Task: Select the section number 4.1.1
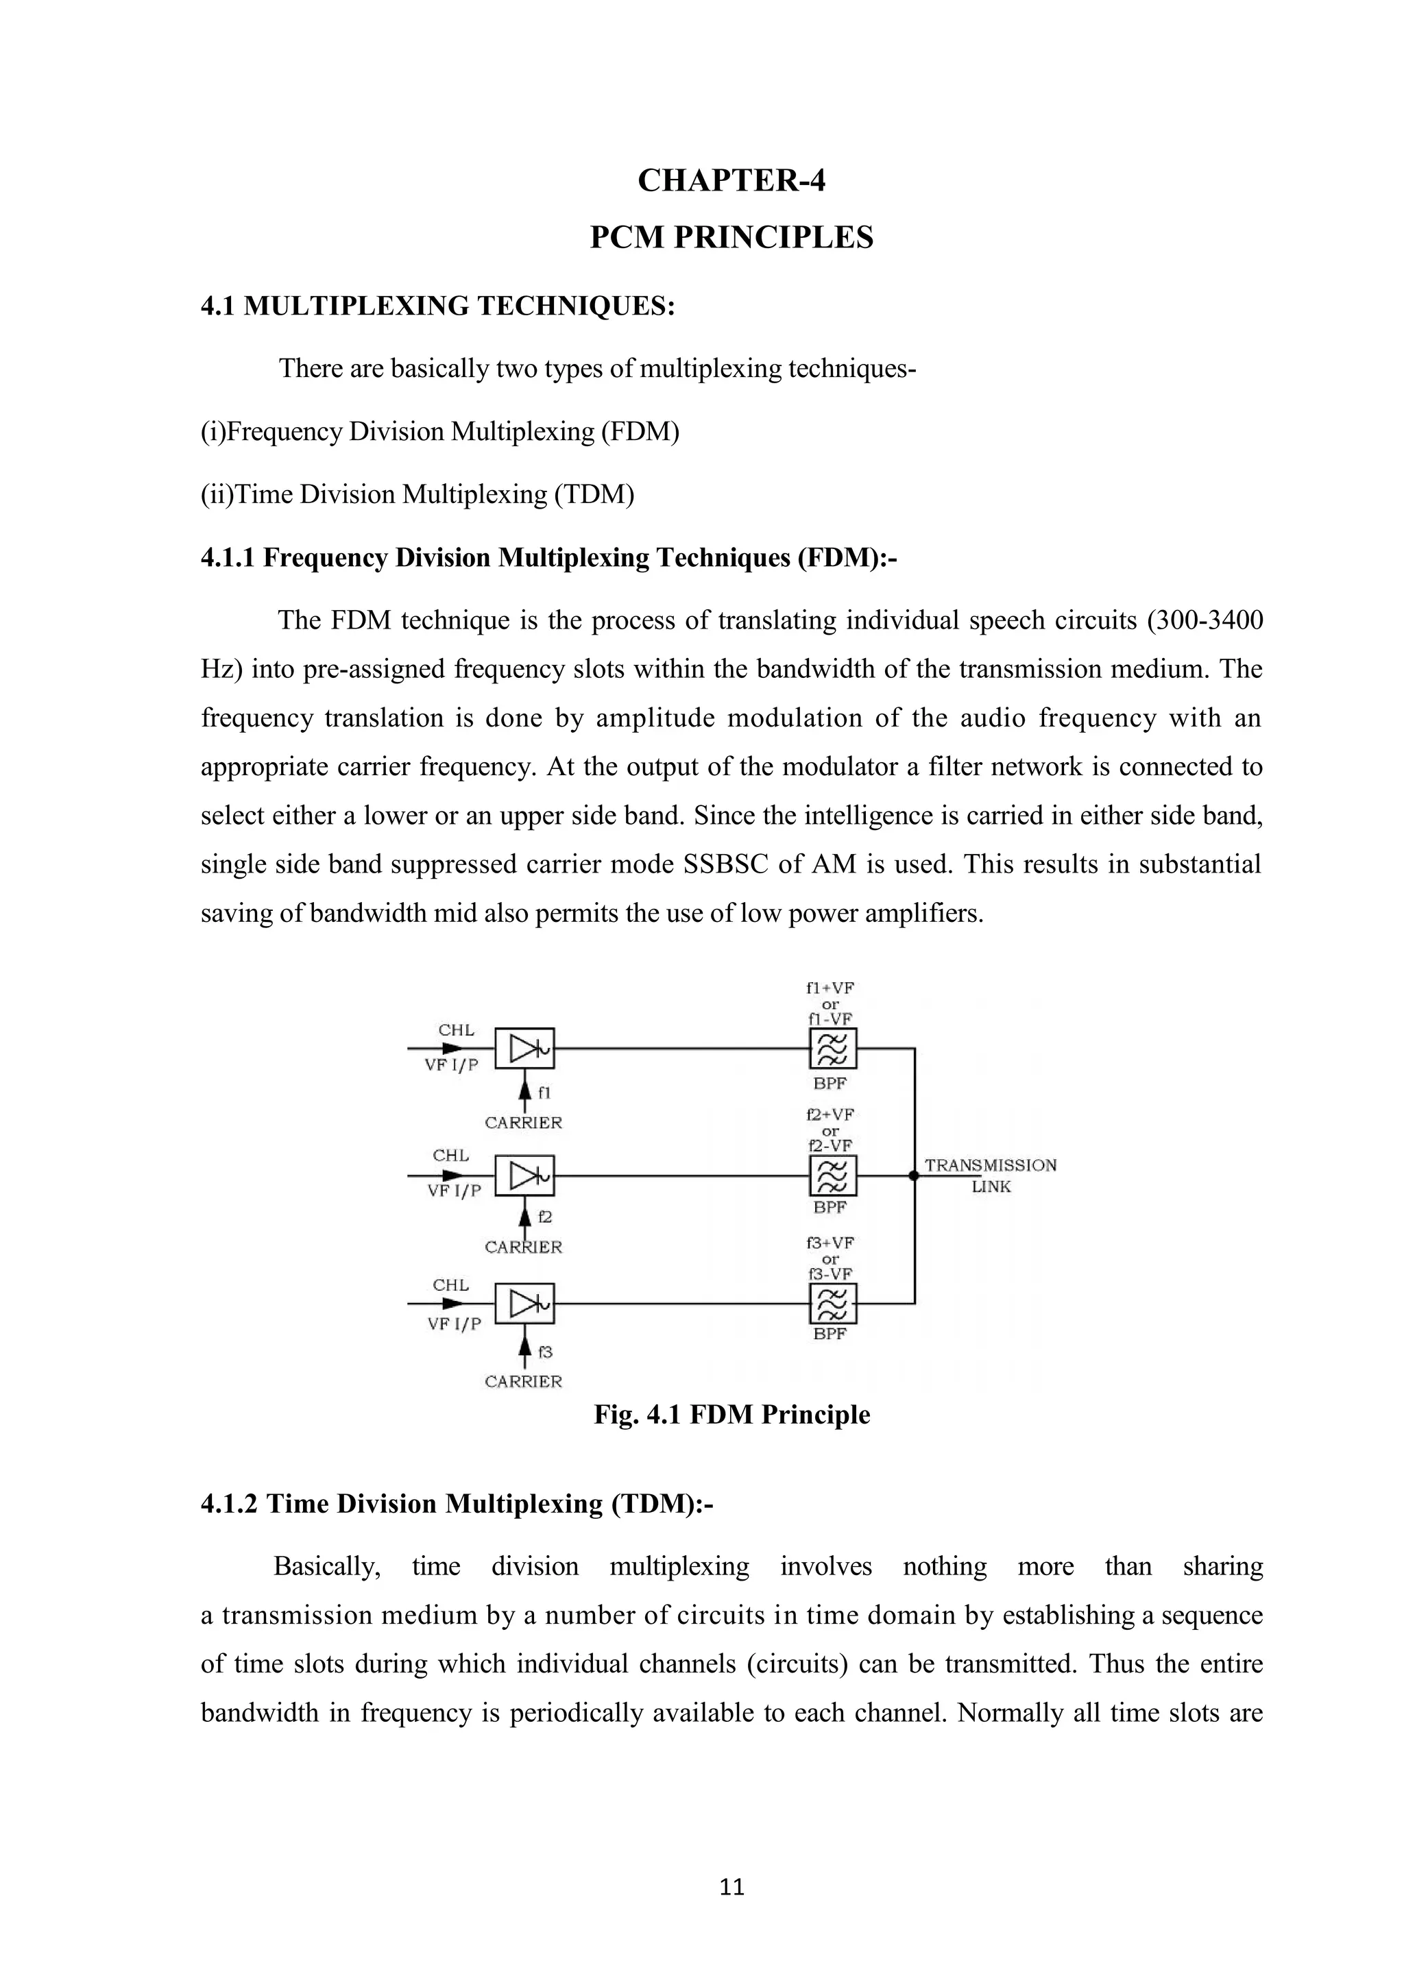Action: click(x=228, y=558)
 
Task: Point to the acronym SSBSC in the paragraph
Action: click(x=725, y=864)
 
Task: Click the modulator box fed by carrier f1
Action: click(x=524, y=1049)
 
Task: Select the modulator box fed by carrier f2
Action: click(x=524, y=1176)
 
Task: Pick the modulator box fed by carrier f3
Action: click(x=524, y=1304)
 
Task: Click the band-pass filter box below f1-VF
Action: click(x=832, y=1049)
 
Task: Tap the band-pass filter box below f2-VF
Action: click(x=832, y=1176)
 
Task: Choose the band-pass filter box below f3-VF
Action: click(x=832, y=1304)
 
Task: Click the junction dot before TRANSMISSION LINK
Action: click(x=914, y=1176)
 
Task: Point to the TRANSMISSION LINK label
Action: click(x=991, y=1176)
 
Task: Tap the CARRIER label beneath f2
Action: click(x=523, y=1247)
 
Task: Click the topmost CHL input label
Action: click(x=456, y=1030)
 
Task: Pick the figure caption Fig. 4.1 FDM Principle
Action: click(x=731, y=1415)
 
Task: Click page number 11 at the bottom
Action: click(x=731, y=1887)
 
